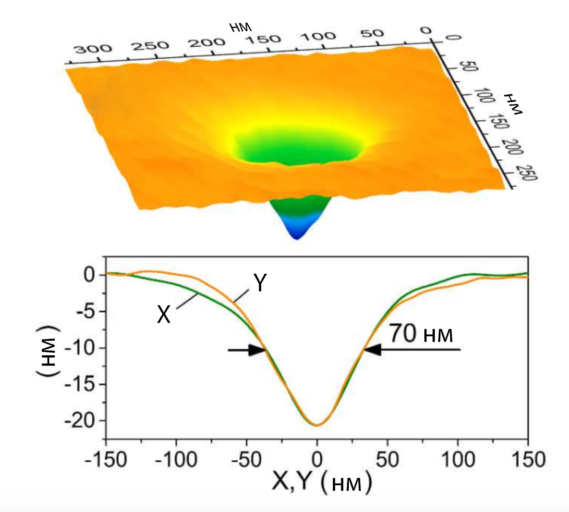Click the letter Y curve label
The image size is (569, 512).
coord(260,284)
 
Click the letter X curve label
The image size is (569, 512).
coord(164,314)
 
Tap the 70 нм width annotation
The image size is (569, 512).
coord(421,334)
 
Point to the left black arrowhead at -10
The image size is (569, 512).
coord(258,350)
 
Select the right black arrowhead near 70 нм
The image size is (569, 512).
coord(373,350)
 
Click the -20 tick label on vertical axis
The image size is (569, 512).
coord(80,420)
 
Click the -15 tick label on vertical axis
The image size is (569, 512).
coord(80,384)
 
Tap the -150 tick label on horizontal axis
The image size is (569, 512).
coord(106,460)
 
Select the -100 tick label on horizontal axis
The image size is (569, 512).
coord(176,460)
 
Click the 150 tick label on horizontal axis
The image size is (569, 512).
coord(528,460)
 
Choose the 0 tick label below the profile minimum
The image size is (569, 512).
coord(317,460)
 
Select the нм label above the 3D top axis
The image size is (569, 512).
coord(240,28)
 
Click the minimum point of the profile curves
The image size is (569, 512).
coord(316,425)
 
